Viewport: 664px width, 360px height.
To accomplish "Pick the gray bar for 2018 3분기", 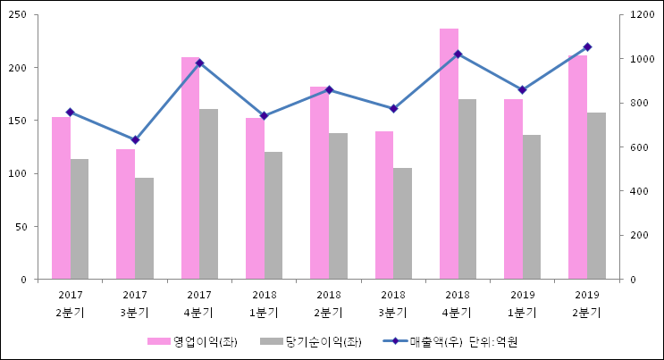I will tap(402, 223).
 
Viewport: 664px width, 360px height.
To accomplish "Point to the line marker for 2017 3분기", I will tap(135, 140).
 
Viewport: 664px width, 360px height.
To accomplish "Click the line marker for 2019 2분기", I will tap(587, 46).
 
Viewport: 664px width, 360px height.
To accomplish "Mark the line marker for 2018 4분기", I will tap(458, 54).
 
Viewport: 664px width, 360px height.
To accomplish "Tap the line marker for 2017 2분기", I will tap(71, 112).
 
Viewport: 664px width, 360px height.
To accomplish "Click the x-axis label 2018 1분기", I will tap(264, 303).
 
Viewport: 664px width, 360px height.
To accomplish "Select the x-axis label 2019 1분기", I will tap(522, 303).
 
